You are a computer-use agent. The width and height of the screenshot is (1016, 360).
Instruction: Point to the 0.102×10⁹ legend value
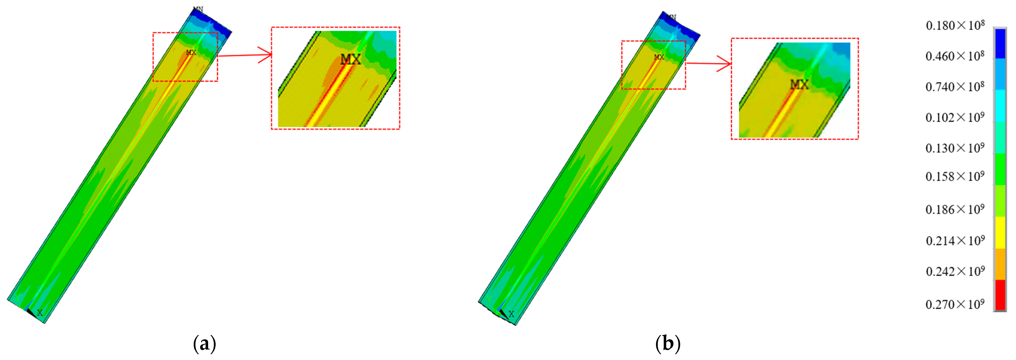(x=955, y=117)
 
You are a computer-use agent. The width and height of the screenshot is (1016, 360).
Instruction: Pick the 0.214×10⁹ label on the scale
(x=955, y=241)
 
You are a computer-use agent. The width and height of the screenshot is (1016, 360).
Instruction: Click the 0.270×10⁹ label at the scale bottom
(x=955, y=305)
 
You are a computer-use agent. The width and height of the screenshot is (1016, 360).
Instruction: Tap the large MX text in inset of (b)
(x=799, y=84)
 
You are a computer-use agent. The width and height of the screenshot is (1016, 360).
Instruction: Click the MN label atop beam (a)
(x=198, y=9)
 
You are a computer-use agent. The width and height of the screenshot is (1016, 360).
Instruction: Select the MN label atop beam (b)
(x=671, y=17)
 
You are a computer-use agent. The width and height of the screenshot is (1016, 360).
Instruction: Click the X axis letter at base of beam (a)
(x=40, y=313)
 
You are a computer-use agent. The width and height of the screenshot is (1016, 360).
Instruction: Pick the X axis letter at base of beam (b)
(x=511, y=314)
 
